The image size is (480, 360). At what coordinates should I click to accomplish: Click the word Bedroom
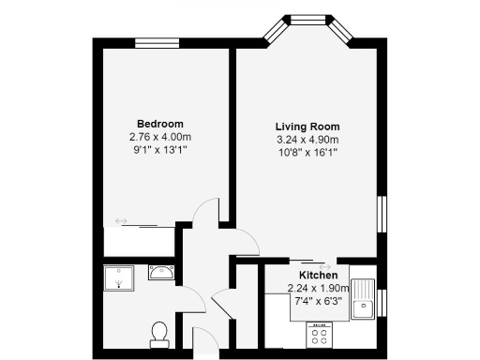pos(160,124)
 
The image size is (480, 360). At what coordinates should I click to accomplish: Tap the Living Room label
pos(307,127)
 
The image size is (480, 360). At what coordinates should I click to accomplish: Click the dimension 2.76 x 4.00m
pos(160,137)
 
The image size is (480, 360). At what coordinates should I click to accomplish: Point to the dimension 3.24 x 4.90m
pos(307,139)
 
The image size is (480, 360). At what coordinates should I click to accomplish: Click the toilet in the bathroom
pos(159,333)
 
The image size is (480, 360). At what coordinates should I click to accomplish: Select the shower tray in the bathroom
pos(120,277)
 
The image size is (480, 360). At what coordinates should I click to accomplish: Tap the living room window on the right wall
pos(382,215)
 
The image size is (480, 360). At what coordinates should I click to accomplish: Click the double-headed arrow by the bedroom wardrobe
pos(121,221)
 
